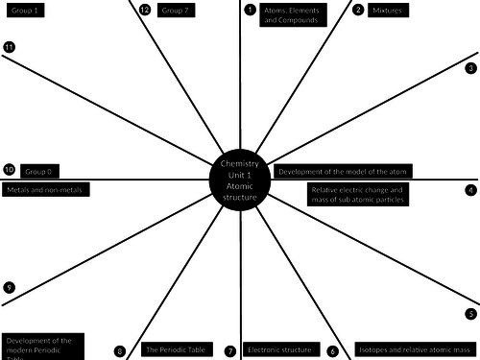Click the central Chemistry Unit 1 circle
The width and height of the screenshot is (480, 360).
coord(239,178)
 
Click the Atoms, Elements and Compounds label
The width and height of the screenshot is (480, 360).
coord(290,14)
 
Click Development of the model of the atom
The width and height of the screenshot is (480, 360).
coord(343,170)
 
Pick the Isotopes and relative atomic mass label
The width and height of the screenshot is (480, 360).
coord(415,350)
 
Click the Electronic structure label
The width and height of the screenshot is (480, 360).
coord(278,350)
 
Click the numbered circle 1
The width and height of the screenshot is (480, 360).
coord(251,11)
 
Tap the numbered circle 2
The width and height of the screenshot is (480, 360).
coord(358,11)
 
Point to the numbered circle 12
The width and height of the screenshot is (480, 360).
coord(145,11)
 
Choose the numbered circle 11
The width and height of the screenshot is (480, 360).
coord(9,47)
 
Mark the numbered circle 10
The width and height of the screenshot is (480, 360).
coord(9,170)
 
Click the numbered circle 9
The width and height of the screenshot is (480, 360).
coord(9,287)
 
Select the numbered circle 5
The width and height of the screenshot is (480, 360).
coord(470,314)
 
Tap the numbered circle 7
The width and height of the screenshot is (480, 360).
coord(230,351)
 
